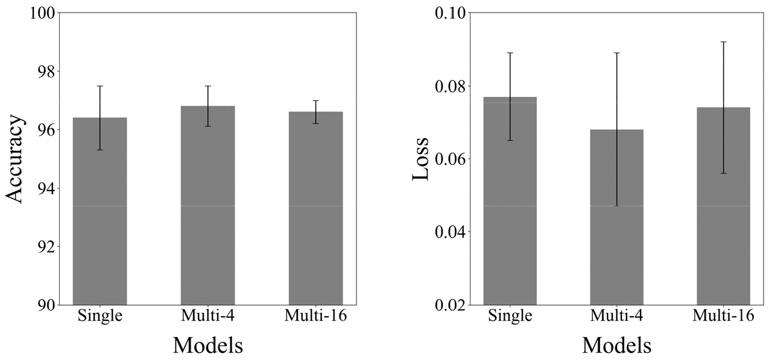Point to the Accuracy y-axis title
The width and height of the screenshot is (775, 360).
click(16, 159)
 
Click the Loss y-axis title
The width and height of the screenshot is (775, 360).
click(420, 159)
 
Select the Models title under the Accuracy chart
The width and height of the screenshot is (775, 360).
click(208, 345)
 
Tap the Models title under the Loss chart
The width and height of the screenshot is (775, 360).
click(616, 345)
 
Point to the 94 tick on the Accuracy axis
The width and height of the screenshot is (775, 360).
click(45, 188)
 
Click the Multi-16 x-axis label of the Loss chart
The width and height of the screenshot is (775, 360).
click(723, 315)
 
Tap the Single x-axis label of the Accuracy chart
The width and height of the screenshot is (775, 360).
click(100, 315)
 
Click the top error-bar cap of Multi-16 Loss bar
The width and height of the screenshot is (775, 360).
click(723, 42)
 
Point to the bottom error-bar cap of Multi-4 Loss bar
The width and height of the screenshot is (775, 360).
click(616, 206)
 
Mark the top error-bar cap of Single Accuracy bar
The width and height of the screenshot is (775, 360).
click(100, 86)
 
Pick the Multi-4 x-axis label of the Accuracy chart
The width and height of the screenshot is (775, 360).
click(207, 315)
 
